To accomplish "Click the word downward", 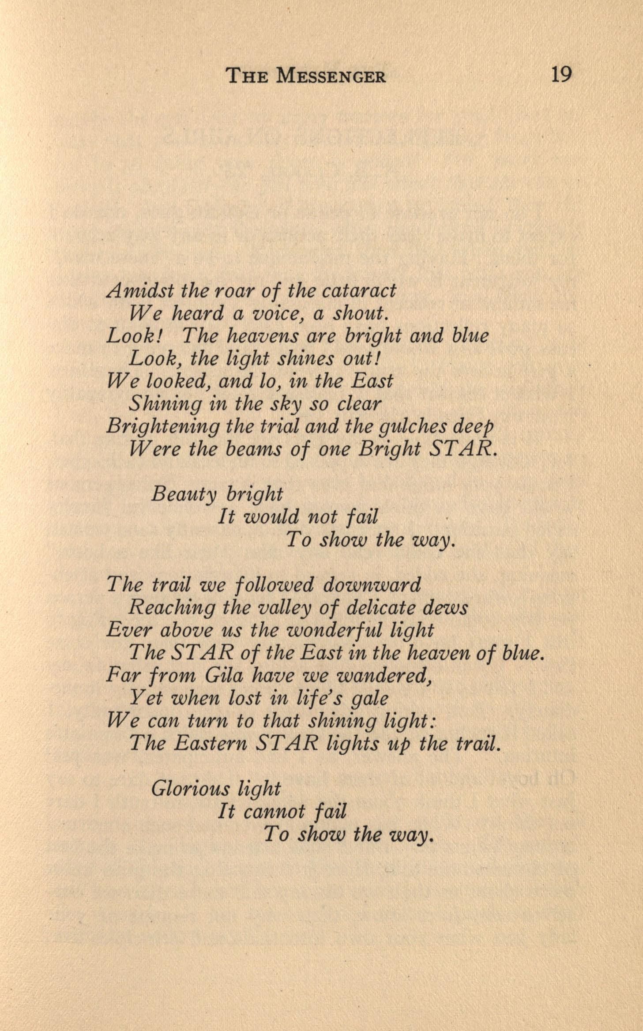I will pos(372,585).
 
